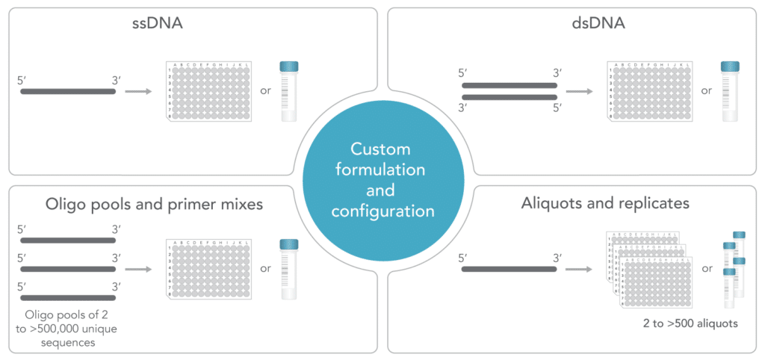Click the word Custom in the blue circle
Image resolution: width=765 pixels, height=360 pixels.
[x=382, y=149]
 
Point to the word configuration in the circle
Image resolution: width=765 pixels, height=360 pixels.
[x=382, y=211]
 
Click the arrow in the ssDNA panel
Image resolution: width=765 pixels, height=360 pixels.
[x=137, y=92]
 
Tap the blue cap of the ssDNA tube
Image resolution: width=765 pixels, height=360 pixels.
[x=288, y=66]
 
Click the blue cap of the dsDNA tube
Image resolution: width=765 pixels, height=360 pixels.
[x=730, y=66]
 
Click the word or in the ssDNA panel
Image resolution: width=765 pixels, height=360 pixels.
[x=264, y=92]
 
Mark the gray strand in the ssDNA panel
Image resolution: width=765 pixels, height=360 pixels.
[x=68, y=92]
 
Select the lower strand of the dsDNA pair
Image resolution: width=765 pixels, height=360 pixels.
[x=509, y=98]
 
